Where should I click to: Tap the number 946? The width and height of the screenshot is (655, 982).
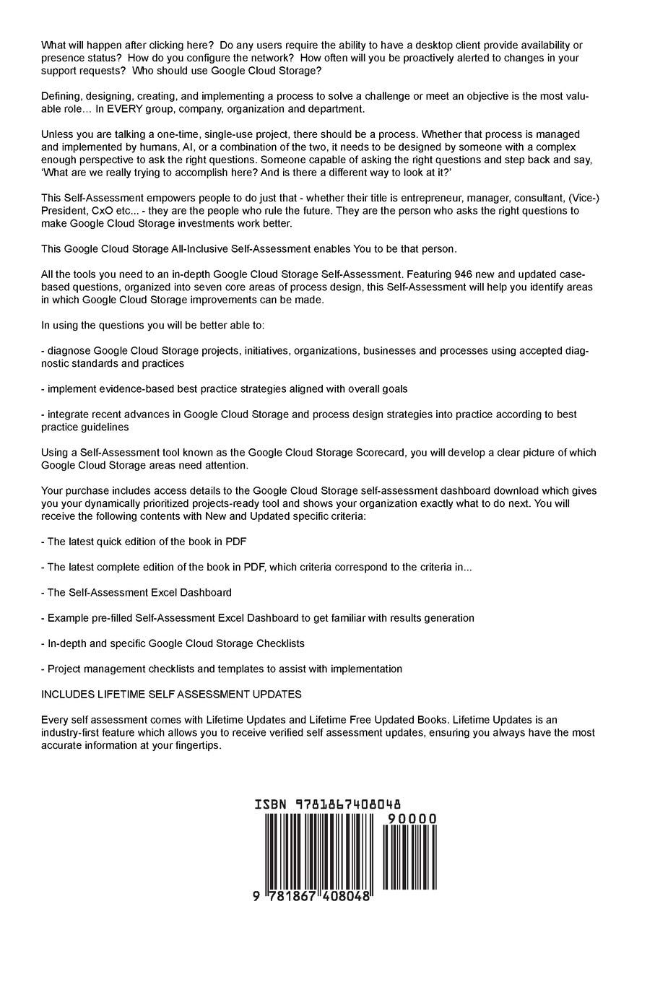464,274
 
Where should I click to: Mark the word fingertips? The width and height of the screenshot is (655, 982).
194,746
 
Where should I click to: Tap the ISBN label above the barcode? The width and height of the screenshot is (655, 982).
271,804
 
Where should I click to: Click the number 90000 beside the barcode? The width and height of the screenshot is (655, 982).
412,819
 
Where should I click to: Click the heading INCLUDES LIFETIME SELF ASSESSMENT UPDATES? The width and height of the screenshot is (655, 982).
171,695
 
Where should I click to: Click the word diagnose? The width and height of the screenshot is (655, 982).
69,351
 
